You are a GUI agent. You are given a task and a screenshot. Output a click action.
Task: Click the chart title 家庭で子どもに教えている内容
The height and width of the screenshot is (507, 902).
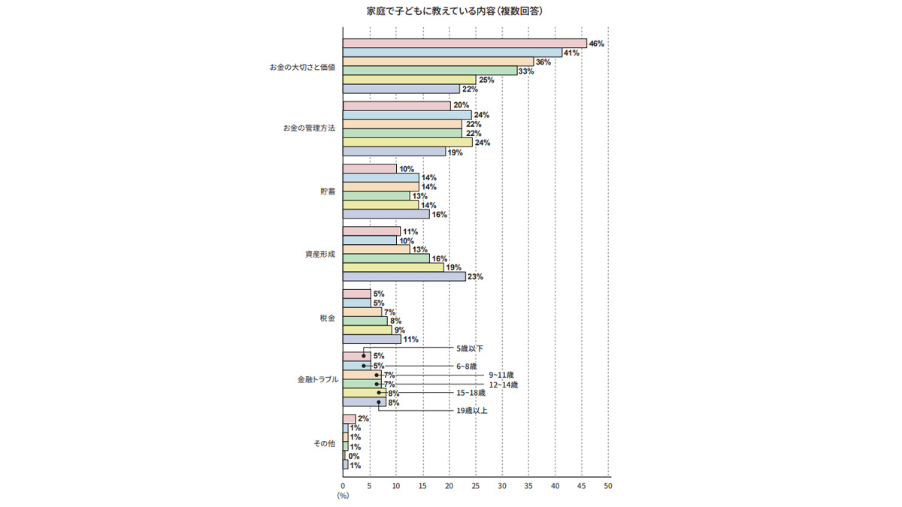(449, 12)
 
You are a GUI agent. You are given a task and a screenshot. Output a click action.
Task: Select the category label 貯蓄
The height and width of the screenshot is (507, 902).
(327, 191)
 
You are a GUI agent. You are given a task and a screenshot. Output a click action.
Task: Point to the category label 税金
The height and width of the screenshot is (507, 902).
(327, 318)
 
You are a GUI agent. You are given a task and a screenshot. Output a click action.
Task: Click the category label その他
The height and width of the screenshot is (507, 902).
(324, 444)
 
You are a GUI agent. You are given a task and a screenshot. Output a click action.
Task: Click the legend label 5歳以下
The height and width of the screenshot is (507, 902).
(470, 349)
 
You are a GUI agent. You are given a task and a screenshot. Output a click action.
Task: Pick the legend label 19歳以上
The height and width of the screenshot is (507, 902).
(471, 411)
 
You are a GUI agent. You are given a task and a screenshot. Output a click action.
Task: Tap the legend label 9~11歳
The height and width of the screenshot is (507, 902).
(501, 375)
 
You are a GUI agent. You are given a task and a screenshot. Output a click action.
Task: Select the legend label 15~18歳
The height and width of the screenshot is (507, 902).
(471, 393)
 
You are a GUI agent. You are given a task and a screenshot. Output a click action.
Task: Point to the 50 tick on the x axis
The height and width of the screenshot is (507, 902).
(608, 486)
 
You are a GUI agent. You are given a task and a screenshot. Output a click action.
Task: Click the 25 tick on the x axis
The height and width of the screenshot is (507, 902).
(475, 486)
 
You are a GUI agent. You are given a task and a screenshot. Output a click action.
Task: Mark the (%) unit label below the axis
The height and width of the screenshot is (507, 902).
(343, 496)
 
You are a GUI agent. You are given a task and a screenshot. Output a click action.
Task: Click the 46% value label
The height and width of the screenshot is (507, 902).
(596, 44)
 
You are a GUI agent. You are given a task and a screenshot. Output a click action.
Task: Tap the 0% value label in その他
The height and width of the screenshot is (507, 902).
(354, 456)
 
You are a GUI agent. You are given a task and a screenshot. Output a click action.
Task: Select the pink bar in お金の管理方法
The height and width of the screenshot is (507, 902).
(396, 106)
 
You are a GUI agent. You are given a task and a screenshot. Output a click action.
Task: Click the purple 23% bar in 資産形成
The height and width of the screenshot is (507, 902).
(404, 276)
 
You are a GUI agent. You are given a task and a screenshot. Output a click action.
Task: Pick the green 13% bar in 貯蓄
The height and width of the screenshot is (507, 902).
(376, 196)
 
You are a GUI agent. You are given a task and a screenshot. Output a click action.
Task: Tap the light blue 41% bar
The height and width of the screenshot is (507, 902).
(452, 53)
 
